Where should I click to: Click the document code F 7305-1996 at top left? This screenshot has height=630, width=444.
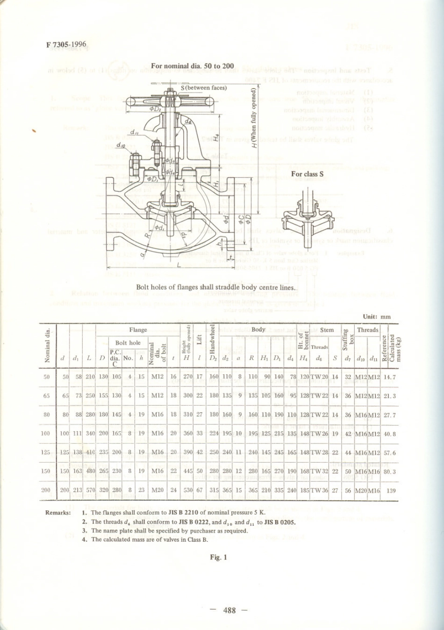pyautogui.click(x=66, y=44)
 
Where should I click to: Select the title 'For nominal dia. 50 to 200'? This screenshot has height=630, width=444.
pyautogui.click(x=193, y=66)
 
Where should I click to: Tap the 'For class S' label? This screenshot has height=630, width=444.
pyautogui.click(x=308, y=174)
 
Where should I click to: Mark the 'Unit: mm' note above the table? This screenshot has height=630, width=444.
pyautogui.click(x=377, y=316)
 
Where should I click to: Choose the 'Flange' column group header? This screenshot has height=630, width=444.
pyautogui.click(x=138, y=330)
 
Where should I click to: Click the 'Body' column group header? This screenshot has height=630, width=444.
pyautogui.click(x=258, y=329)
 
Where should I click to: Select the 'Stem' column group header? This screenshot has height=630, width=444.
pyautogui.click(x=327, y=330)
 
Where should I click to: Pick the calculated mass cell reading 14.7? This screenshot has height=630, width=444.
pyautogui.click(x=389, y=377)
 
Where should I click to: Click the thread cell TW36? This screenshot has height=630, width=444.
pyautogui.click(x=319, y=490)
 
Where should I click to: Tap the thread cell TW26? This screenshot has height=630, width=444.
pyautogui.click(x=319, y=433)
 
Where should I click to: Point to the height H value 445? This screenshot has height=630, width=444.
pyautogui.click(x=188, y=471)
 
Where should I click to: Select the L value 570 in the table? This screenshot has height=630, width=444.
pyautogui.click(x=89, y=490)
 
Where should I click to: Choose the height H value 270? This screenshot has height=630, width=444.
pyautogui.click(x=188, y=377)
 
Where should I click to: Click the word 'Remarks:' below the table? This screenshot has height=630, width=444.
pyautogui.click(x=58, y=513)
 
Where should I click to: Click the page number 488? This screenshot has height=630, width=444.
pyautogui.click(x=229, y=610)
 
